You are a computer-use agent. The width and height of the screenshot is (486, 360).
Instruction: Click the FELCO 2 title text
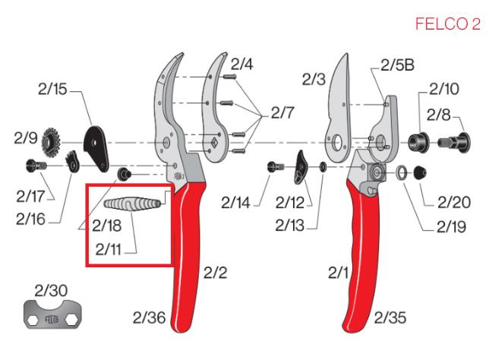coord(447,25)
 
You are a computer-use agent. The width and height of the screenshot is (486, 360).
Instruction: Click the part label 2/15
coord(52,89)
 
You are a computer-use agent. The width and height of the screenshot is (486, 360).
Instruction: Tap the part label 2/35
coord(390,317)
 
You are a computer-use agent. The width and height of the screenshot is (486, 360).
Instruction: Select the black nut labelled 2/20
coord(418,174)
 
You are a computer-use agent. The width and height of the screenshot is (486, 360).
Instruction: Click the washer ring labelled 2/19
coord(399,174)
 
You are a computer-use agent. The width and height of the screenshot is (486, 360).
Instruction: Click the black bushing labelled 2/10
coord(418,141)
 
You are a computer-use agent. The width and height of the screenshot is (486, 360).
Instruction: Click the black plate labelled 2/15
coord(95,147)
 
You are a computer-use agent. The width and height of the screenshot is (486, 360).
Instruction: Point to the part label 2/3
coord(314,77)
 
